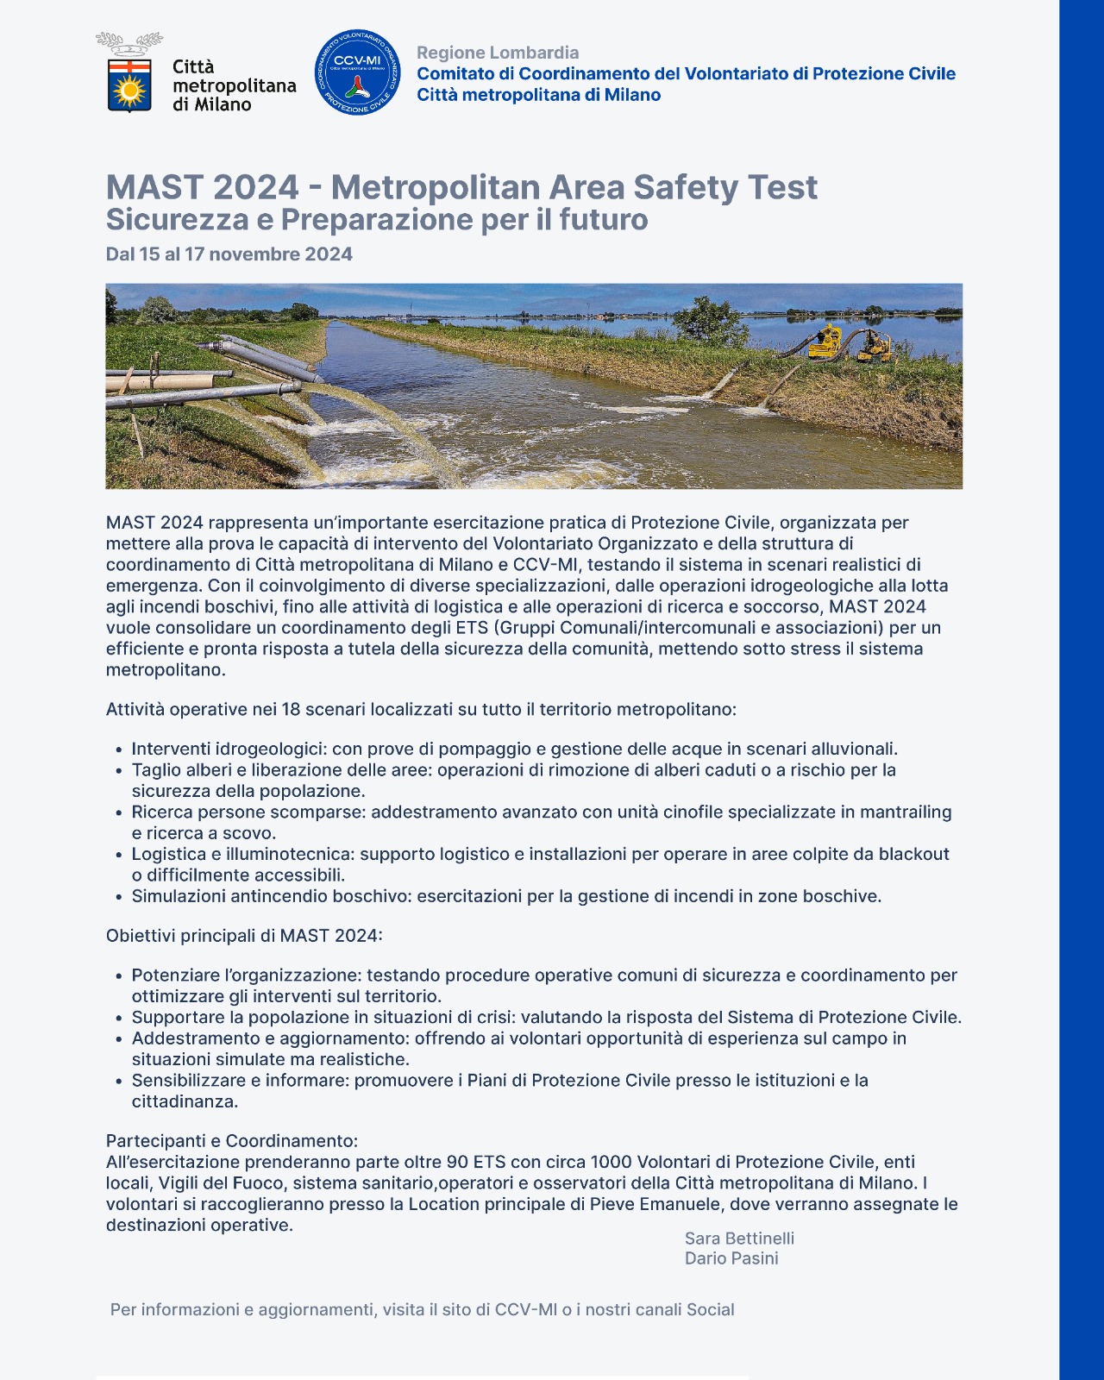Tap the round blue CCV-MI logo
click(357, 73)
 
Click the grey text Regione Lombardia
click(498, 53)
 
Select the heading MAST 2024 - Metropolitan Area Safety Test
click(461, 187)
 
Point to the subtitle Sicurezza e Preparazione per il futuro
click(377, 220)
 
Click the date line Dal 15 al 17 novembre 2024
click(229, 254)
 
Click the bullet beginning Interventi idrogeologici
click(514, 749)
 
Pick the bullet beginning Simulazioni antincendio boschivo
click(506, 896)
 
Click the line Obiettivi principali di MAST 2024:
click(244, 936)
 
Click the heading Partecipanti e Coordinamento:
click(232, 1141)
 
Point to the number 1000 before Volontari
click(612, 1162)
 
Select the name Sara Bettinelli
click(739, 1239)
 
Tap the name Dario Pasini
click(731, 1258)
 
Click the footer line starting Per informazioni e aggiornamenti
click(423, 1309)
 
